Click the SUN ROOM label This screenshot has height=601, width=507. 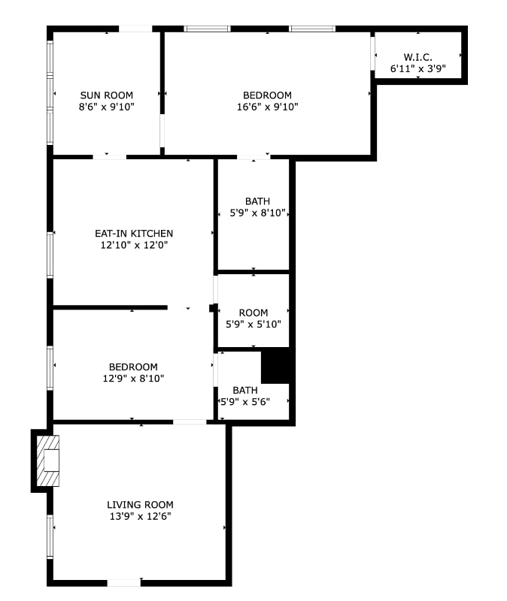(107, 95)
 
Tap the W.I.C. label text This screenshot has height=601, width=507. (417, 57)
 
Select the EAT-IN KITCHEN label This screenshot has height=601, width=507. (134, 234)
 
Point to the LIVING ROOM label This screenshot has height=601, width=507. (140, 505)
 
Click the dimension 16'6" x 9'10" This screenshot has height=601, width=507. (267, 107)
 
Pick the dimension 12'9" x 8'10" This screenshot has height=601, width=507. (133, 379)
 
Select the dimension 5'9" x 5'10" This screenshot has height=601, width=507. (254, 325)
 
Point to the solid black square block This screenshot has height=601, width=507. (275, 366)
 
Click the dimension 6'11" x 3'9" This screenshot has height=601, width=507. (417, 68)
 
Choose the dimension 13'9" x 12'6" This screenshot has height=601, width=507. (140, 516)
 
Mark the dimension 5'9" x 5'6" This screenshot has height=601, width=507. (247, 402)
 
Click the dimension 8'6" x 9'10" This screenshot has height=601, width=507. (107, 107)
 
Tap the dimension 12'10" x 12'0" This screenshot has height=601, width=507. (134, 245)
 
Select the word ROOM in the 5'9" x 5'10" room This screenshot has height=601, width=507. (254, 313)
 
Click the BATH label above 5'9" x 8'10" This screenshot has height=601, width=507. (257, 201)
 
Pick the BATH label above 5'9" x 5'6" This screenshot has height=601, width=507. (245, 390)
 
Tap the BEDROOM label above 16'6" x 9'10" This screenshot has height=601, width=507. (267, 95)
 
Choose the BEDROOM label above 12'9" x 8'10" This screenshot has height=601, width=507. (133, 367)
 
